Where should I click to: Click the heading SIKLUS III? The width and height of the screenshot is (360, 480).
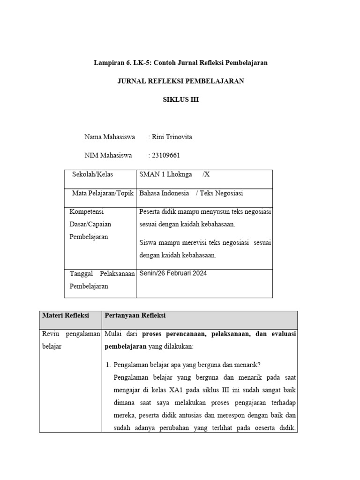tap(180, 99)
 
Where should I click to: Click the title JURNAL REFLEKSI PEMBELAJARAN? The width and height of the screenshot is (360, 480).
tap(180, 81)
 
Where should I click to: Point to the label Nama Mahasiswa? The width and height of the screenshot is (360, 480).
tap(110, 137)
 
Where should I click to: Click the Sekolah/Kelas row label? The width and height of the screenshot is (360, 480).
tap(92, 174)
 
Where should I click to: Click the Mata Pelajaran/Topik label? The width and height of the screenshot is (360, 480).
tap(103, 193)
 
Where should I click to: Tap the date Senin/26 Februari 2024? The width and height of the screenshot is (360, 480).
tap(172, 273)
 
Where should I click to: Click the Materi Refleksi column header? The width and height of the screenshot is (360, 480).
tap(66, 315)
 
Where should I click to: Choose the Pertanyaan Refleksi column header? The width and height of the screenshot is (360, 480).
tap(135, 315)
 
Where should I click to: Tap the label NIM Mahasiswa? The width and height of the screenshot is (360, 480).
tap(108, 156)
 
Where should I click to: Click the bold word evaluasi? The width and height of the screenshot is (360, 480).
tap(283, 334)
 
